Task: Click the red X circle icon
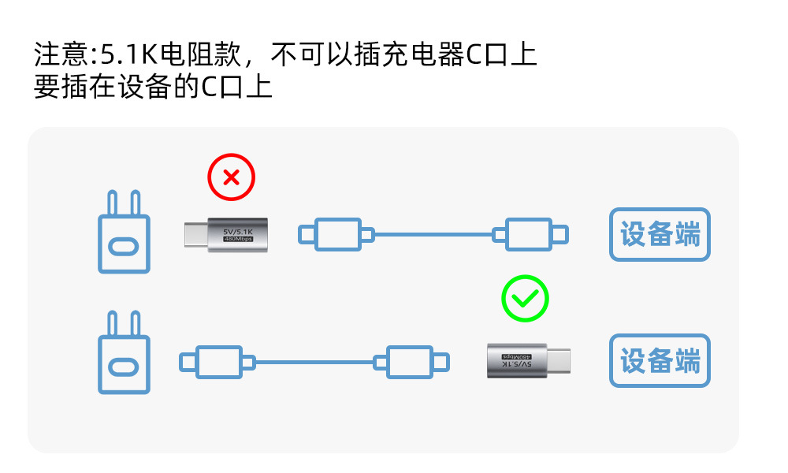pyautogui.click(x=231, y=177)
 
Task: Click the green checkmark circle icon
pyautogui.click(x=525, y=299)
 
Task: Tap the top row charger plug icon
pyautogui.click(x=124, y=232)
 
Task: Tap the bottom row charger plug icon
pyautogui.click(x=124, y=352)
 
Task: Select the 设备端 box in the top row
pyautogui.click(x=660, y=234)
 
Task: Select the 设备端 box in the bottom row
pyautogui.click(x=660, y=360)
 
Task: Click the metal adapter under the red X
pyautogui.click(x=226, y=235)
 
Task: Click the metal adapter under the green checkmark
pyautogui.click(x=529, y=360)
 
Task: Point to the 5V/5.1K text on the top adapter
pyautogui.click(x=238, y=232)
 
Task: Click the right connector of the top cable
pyautogui.click(x=530, y=234)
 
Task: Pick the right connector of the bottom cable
pyautogui.click(x=411, y=362)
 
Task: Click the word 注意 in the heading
pyautogui.click(x=61, y=54)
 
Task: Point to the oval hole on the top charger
pyautogui.click(x=124, y=247)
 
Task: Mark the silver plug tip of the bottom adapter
pyautogui.click(x=559, y=361)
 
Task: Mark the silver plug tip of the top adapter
pyautogui.click(x=196, y=235)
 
